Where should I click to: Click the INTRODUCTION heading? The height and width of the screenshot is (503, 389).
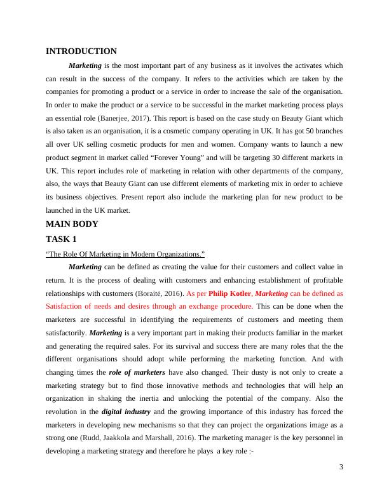(81, 51)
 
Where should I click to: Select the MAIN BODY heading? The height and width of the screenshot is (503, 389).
(72, 224)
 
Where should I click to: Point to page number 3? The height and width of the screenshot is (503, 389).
(341, 468)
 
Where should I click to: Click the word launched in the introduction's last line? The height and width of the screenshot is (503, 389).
(62, 210)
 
